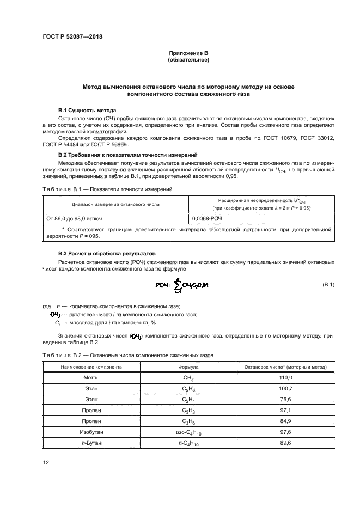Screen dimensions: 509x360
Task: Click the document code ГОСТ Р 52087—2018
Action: [72, 37]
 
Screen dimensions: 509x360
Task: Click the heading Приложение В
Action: [188, 53]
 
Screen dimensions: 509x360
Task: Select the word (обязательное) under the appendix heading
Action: [188, 60]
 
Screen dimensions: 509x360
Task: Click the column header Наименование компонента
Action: [91, 367]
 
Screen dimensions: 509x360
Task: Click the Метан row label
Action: [91, 377]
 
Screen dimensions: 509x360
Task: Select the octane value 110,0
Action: [286, 377]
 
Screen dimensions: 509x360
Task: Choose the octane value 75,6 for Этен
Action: [286, 399]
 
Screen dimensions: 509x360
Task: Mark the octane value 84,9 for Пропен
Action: [286, 421]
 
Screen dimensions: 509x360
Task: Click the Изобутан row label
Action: [91, 432]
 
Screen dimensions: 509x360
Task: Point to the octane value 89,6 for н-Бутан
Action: [286, 443]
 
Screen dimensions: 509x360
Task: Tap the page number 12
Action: [46, 463]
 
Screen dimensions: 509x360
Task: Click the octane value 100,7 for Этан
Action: [286, 388]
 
